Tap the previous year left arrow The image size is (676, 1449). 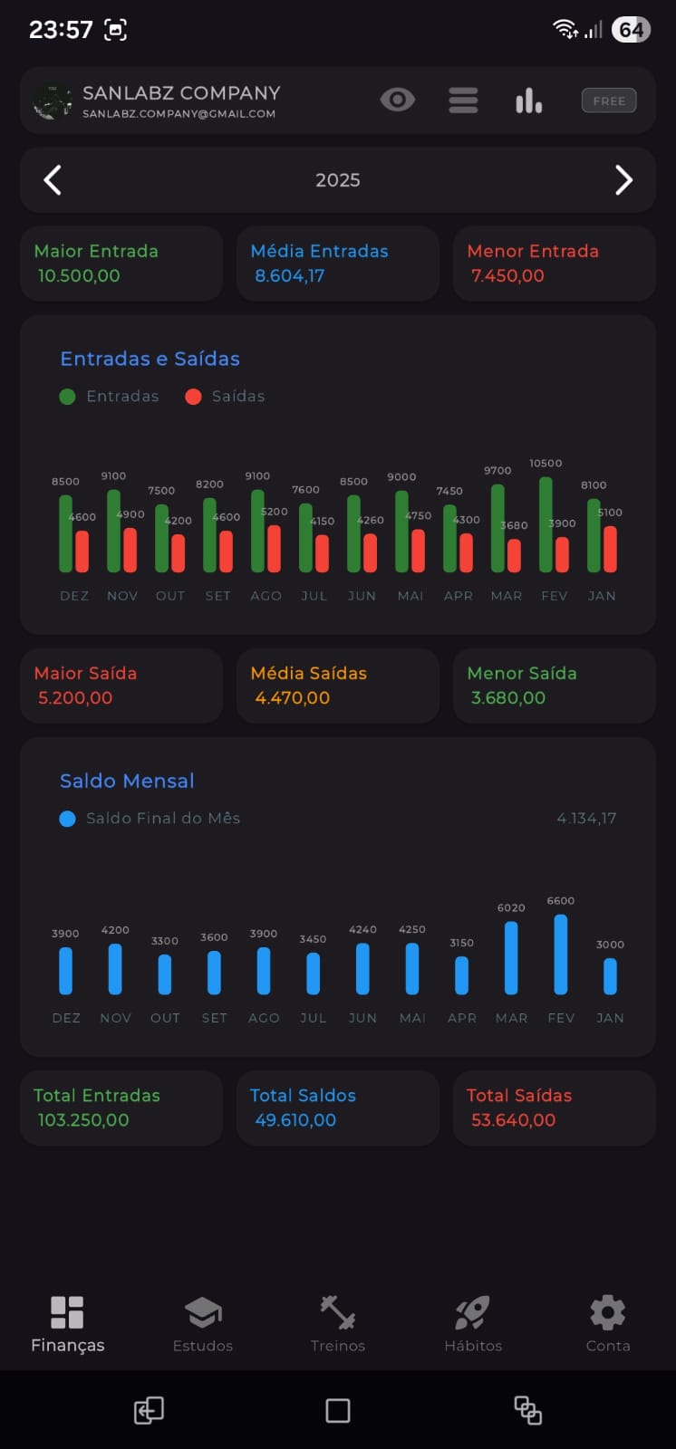[53, 180]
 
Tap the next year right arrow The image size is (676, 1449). [623, 180]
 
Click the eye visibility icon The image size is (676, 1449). [397, 100]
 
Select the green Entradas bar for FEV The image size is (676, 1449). [546, 524]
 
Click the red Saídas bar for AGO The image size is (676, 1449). [274, 549]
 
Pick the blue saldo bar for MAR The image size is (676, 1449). [511, 958]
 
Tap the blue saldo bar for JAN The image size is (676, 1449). [610, 976]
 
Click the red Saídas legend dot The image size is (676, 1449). [193, 397]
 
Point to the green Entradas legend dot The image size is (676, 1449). [67, 397]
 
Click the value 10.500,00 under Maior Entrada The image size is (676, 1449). [79, 275]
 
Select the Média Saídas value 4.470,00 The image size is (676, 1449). [293, 697]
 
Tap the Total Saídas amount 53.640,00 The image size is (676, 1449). [513, 1119]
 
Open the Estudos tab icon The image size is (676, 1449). [203, 1312]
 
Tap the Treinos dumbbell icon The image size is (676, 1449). [338, 1312]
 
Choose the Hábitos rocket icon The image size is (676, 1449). [472, 1312]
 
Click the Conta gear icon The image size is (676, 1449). [608, 1312]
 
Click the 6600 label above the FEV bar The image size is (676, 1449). [560, 900]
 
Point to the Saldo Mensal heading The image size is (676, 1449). [127, 781]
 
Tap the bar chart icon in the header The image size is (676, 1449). [528, 101]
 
